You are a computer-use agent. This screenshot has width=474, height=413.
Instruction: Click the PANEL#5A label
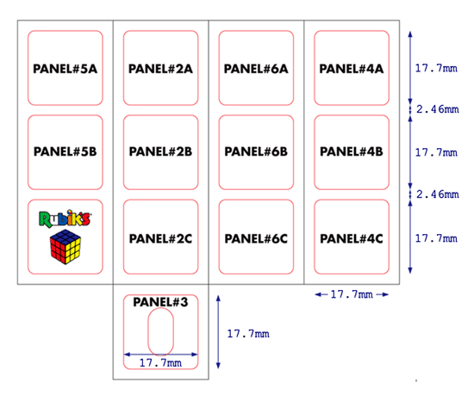tap(65, 69)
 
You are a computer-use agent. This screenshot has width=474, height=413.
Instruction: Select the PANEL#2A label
tap(160, 69)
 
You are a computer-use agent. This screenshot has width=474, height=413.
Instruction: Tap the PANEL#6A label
tap(256, 69)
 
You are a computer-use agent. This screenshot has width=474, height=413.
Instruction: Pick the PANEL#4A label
tap(352, 69)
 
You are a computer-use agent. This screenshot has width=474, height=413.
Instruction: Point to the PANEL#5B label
tap(65, 151)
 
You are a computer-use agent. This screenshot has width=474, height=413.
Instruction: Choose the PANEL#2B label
tap(160, 151)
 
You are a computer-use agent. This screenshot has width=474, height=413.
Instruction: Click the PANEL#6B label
tap(256, 151)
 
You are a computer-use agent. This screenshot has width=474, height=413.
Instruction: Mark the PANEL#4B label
tap(352, 151)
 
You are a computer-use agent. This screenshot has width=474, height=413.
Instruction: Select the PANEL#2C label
tap(160, 239)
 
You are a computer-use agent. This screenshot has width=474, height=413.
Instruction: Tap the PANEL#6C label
tap(256, 239)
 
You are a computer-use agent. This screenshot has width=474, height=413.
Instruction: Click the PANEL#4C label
tap(352, 239)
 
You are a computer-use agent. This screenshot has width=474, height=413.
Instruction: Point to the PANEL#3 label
tap(160, 302)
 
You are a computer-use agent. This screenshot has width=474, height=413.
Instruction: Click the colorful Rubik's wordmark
tap(65, 219)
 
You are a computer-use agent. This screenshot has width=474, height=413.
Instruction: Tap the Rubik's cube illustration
tap(65, 247)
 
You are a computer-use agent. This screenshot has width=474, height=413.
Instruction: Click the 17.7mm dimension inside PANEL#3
tap(160, 362)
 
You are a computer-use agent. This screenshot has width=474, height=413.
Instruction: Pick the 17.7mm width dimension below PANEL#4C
tap(352, 294)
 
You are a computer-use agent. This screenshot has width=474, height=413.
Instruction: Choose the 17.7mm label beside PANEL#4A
tap(436, 68)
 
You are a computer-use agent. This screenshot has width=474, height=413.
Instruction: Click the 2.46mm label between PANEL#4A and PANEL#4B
tap(438, 109)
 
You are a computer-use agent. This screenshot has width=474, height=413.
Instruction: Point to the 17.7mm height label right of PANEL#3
tap(248, 334)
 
